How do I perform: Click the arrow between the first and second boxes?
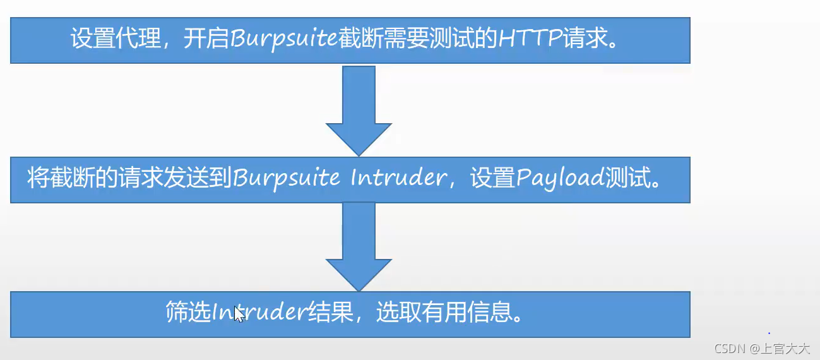click(x=359, y=111)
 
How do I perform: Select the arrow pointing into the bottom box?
click(x=359, y=246)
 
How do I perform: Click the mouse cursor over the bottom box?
click(x=239, y=314)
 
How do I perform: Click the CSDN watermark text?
click(x=727, y=348)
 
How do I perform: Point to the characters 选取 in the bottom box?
click(x=398, y=313)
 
